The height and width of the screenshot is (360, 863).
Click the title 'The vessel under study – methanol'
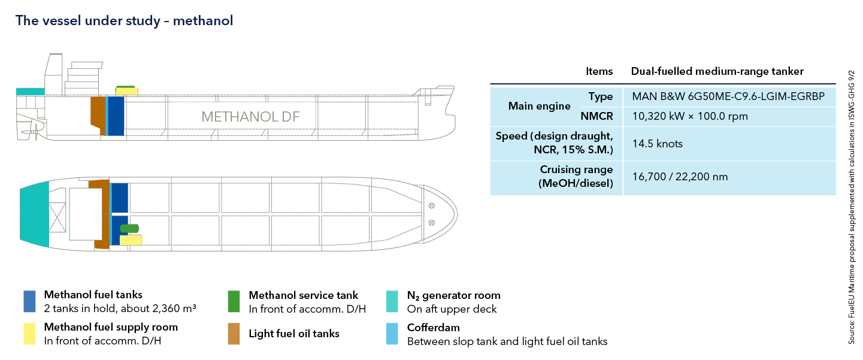124,21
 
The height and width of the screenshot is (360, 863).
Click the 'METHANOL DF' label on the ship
250,117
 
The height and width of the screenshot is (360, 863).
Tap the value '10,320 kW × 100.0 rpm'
690,116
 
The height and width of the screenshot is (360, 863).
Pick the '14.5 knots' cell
657,144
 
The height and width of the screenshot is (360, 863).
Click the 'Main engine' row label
539,106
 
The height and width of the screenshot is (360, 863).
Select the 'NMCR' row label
596,116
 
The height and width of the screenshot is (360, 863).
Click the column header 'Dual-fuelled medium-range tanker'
717,71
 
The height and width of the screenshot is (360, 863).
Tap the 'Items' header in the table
599,71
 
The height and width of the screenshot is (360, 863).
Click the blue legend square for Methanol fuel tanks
31,301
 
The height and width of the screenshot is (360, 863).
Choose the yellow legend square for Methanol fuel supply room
31,334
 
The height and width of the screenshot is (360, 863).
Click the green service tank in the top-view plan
129,228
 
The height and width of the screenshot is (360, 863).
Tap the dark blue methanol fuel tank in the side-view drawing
116,115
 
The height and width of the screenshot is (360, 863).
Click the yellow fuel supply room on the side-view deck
127,92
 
